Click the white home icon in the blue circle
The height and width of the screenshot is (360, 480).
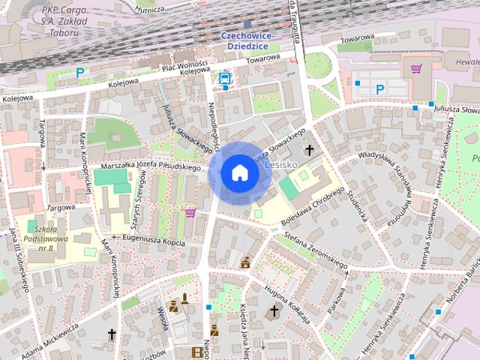(x=240, y=172)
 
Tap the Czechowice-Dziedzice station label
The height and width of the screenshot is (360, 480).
(x=247, y=41)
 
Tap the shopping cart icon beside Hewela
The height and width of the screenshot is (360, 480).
(x=415, y=69)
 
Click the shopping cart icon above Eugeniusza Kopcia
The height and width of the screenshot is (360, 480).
(x=190, y=213)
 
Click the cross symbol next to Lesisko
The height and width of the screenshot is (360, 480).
(x=307, y=151)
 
